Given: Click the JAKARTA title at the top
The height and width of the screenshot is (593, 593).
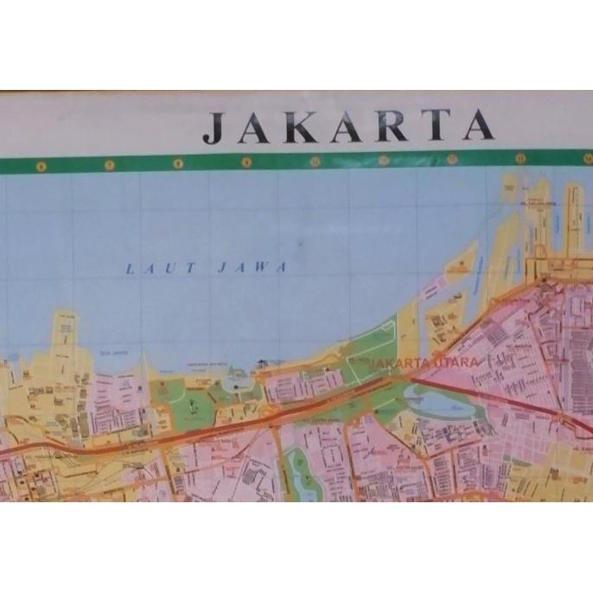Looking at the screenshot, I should (x=349, y=127).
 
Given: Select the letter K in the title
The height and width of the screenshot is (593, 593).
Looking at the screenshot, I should (x=304, y=127).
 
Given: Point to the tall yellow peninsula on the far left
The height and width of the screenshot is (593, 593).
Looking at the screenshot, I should (x=65, y=341).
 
